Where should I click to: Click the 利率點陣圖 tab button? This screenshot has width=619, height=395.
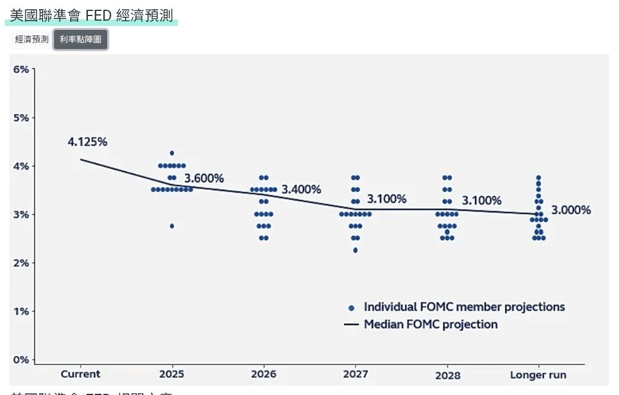click(80, 40)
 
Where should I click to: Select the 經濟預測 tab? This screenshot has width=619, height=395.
click(32, 40)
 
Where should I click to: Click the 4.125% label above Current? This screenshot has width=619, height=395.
click(87, 142)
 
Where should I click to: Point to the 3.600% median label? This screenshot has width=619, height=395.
click(204, 178)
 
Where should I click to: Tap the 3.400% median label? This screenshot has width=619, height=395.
click(301, 189)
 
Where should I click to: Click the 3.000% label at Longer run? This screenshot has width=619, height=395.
click(571, 210)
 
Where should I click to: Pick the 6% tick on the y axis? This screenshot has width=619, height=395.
click(21, 69)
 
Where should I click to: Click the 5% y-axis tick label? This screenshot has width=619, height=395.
click(21, 118)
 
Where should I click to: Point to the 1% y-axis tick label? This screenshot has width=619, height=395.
click(21, 311)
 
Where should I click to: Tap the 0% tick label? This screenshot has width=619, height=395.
click(21, 360)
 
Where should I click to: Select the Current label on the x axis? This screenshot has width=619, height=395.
click(80, 374)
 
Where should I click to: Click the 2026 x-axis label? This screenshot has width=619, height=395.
click(263, 374)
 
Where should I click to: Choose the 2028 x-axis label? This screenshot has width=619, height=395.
click(447, 376)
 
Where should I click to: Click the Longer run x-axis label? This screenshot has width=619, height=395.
click(538, 376)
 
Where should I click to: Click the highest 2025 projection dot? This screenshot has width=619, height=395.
click(172, 153)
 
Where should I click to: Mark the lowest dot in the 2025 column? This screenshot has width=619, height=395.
click(172, 226)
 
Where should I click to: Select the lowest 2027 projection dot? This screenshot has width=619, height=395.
click(355, 250)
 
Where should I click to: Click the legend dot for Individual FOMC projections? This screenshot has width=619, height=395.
click(351, 308)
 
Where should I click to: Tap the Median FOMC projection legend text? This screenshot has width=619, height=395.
click(431, 324)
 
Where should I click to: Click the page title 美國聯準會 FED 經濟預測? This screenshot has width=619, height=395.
click(91, 15)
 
